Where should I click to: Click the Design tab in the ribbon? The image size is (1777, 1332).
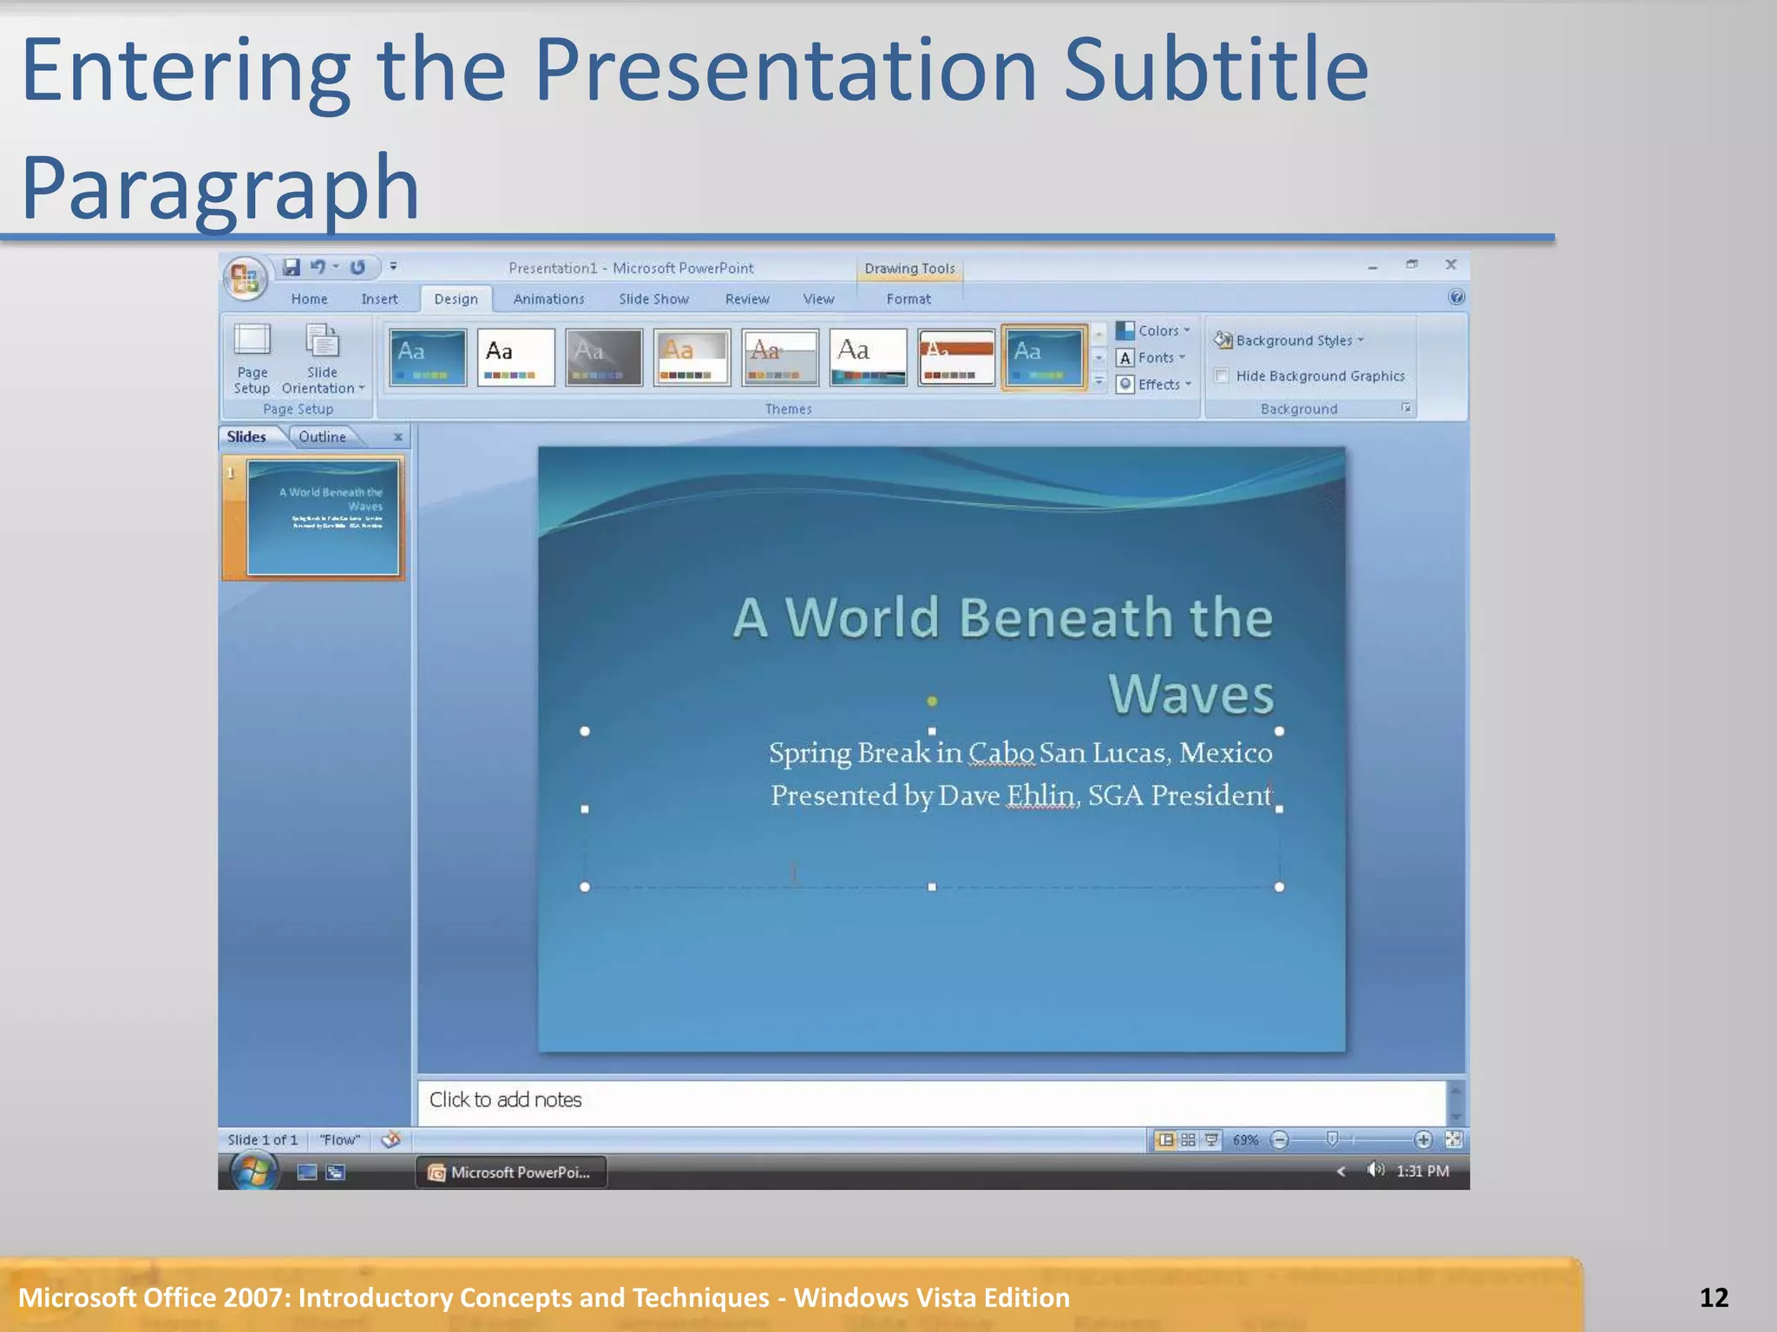point(456,299)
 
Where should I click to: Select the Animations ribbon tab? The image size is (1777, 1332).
point(548,299)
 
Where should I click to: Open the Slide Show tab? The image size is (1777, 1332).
point(653,299)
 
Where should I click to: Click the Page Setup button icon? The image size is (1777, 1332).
point(252,341)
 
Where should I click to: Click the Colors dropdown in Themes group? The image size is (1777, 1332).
point(1154,330)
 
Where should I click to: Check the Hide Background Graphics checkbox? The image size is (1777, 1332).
point(1222,375)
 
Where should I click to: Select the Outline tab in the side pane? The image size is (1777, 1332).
point(322,437)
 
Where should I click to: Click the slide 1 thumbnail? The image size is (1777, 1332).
point(323,518)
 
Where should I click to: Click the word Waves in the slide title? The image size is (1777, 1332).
point(1190,695)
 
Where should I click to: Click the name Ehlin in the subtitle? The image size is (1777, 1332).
point(1039,795)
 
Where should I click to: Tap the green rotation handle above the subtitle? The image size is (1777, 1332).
point(932,701)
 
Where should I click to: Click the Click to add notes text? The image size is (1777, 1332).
point(505,1100)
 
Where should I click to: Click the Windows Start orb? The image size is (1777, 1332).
point(253,1172)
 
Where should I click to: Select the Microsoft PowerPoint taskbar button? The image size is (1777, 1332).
point(511,1172)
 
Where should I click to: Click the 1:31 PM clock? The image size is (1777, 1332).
point(1422,1171)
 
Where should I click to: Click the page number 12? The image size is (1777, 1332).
point(1714,1297)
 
